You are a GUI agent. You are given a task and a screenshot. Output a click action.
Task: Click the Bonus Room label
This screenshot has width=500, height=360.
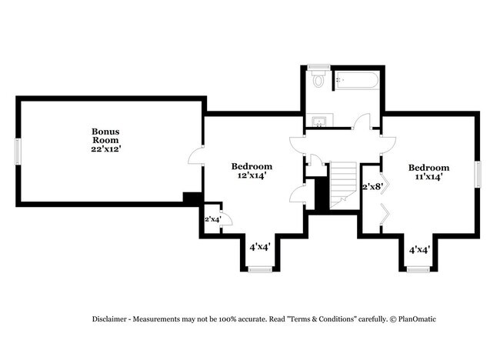[105, 135]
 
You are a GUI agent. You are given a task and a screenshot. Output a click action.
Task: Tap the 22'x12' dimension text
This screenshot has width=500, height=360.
[105, 149]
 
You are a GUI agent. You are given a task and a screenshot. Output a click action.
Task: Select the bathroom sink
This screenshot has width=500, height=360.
[318, 120]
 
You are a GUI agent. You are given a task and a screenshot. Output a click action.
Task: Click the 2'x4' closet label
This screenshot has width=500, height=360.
[212, 220]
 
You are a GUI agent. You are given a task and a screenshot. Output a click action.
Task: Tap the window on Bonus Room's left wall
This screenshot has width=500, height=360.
[18, 152]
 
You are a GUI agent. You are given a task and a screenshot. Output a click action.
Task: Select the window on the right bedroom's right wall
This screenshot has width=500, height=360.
[478, 174]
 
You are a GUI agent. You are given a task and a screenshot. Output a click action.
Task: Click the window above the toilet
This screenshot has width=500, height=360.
[318, 67]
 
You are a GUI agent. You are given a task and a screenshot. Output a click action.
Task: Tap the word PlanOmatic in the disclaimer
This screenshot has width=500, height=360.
[416, 318]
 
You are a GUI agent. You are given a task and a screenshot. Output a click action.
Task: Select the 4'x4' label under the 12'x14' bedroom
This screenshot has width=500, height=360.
[259, 248]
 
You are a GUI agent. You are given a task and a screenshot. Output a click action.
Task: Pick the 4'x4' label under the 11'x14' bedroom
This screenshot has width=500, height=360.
[418, 250]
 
